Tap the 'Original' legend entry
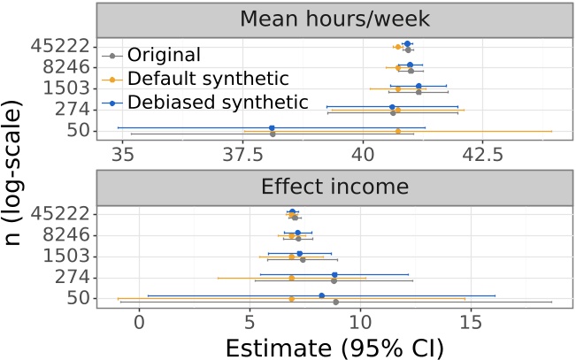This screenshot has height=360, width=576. click(164, 55)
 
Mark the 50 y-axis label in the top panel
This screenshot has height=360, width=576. click(78, 131)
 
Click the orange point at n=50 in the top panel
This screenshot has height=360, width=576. click(398, 131)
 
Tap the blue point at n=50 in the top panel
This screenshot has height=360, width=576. click(272, 127)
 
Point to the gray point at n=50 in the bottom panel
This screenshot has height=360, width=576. click(335, 302)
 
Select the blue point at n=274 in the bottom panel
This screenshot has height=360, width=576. click(334, 274)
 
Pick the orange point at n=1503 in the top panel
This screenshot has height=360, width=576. click(398, 88)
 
